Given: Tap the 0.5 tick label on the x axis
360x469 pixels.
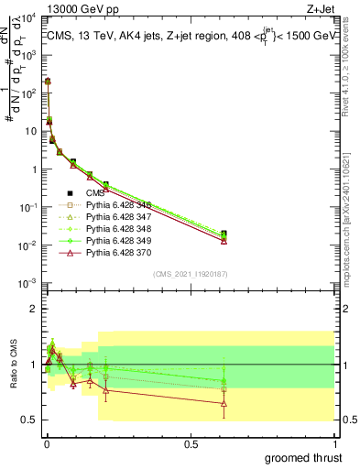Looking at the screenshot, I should tap(191, 444).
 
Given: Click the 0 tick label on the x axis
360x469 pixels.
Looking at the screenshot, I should tap(46, 444).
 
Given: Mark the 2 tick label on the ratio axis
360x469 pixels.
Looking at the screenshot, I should tap(35, 309).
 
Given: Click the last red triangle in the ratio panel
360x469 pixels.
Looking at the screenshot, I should tap(224, 403).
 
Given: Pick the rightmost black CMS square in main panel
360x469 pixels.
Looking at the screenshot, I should tap(224, 234).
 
